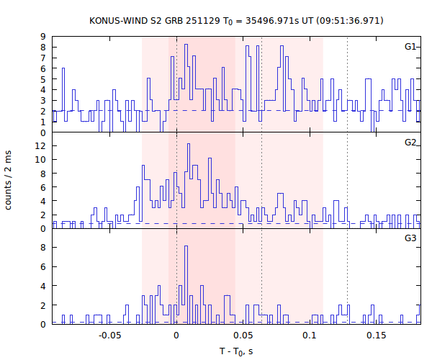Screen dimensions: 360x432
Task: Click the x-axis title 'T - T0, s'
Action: (236, 351)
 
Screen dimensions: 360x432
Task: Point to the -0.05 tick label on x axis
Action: (109, 335)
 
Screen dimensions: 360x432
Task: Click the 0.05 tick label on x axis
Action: (243, 335)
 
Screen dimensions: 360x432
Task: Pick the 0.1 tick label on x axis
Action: (310, 335)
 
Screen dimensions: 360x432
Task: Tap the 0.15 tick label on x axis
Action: (376, 335)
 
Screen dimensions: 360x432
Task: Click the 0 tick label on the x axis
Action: (176, 335)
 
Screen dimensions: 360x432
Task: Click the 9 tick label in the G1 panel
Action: (43, 37)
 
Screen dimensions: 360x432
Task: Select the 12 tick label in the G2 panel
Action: (41, 146)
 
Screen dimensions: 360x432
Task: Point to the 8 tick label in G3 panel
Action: (43, 247)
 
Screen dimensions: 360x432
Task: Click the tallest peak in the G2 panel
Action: (188, 145)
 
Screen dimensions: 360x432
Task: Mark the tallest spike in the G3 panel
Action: (186, 247)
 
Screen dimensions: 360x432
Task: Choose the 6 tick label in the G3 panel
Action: (43, 266)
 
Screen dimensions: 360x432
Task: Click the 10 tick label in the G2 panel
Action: (41, 160)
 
